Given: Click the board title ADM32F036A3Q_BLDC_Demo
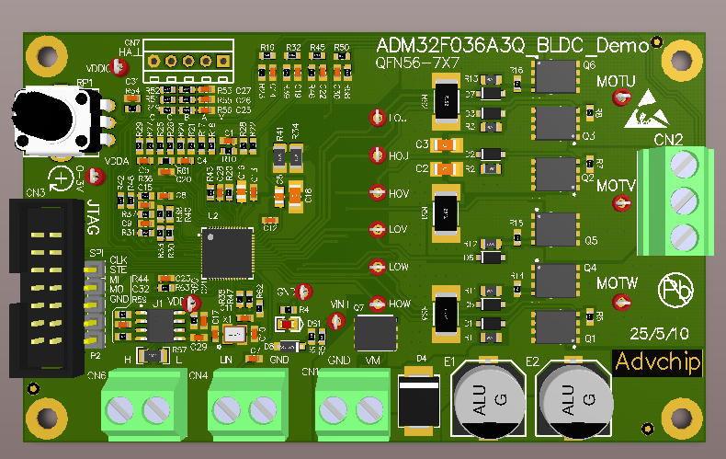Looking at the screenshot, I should pyautogui.click(x=513, y=45).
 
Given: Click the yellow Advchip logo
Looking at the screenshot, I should pyautogui.click(x=657, y=362).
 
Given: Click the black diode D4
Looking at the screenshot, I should pyautogui.click(x=423, y=401).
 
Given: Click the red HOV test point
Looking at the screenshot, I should pyautogui.click(x=376, y=193).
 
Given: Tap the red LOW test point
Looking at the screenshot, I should pyautogui.click(x=376, y=267).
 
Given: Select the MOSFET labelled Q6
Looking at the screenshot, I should pyautogui.click(x=554, y=76).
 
